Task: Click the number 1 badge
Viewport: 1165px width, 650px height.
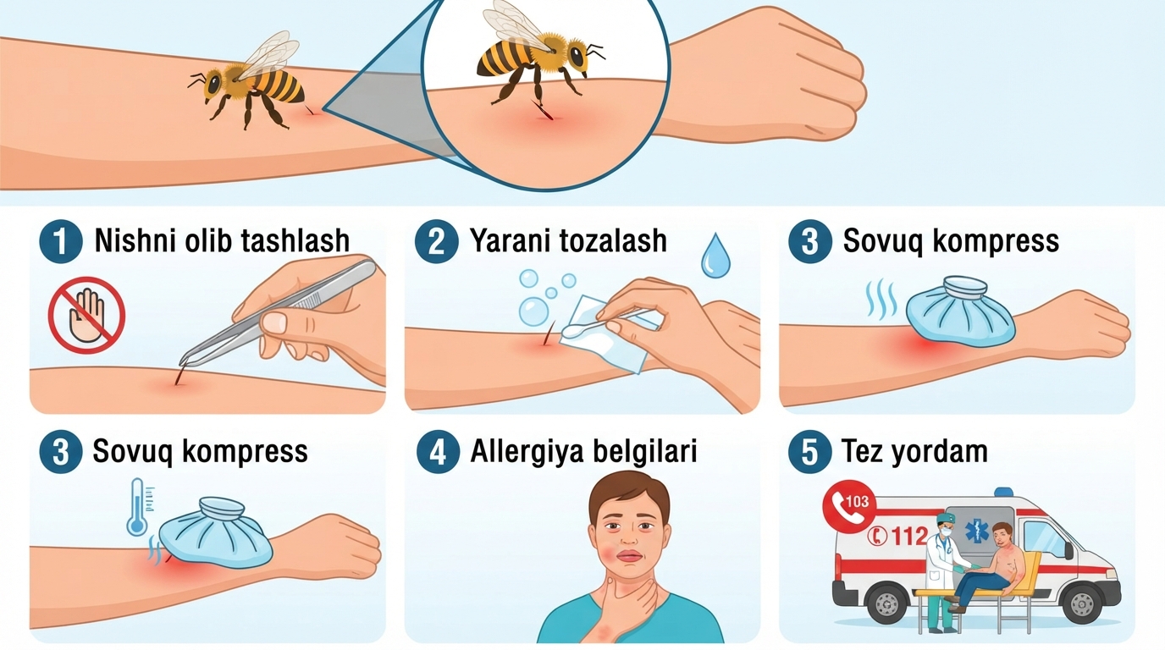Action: click(x=61, y=241)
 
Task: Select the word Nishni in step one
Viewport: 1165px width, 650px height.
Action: click(x=134, y=240)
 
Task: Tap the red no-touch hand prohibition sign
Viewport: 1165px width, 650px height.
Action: click(x=87, y=315)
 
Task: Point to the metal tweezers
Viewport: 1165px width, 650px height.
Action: click(x=277, y=313)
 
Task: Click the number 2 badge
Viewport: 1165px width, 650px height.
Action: click(x=436, y=241)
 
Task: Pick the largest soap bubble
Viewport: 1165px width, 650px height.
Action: click(x=533, y=311)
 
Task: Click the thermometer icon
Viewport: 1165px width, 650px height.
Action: click(x=139, y=507)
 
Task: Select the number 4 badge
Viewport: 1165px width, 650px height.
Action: click(x=438, y=451)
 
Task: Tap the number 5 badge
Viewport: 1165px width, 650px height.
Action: click(x=809, y=451)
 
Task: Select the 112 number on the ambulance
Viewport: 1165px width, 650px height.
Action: click(x=909, y=536)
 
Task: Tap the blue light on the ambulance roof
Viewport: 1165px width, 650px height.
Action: click(x=1003, y=492)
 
